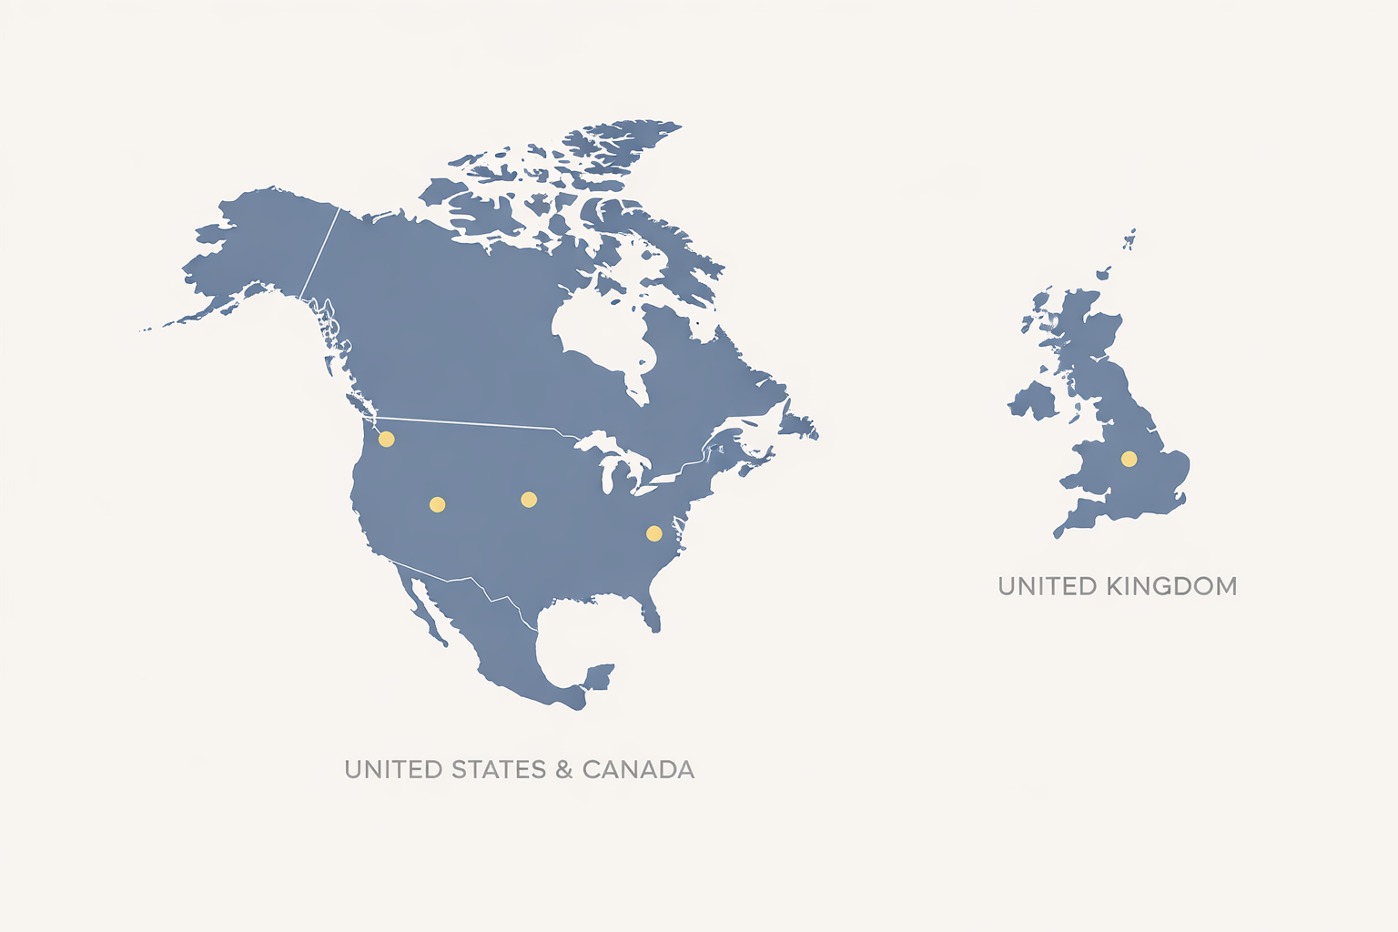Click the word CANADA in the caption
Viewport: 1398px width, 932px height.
pyautogui.click(x=638, y=770)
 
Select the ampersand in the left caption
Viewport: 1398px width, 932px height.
pyautogui.click(x=563, y=770)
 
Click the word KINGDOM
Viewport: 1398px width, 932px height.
pyautogui.click(x=1171, y=586)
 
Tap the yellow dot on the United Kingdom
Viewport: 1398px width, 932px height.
pyautogui.click(x=1129, y=459)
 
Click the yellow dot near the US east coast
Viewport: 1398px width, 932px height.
pyautogui.click(x=653, y=532)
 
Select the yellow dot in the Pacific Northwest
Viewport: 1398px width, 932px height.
pyautogui.click(x=386, y=440)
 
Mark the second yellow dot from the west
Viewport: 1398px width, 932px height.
pyautogui.click(x=437, y=504)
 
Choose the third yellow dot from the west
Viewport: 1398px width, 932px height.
pyautogui.click(x=528, y=499)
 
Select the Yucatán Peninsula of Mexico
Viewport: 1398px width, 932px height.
pyautogui.click(x=598, y=677)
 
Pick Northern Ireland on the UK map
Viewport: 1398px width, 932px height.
pyautogui.click(x=1033, y=400)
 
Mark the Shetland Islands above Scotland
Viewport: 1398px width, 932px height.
pyautogui.click(x=1130, y=240)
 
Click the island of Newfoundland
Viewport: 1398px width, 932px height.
pyautogui.click(x=798, y=424)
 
